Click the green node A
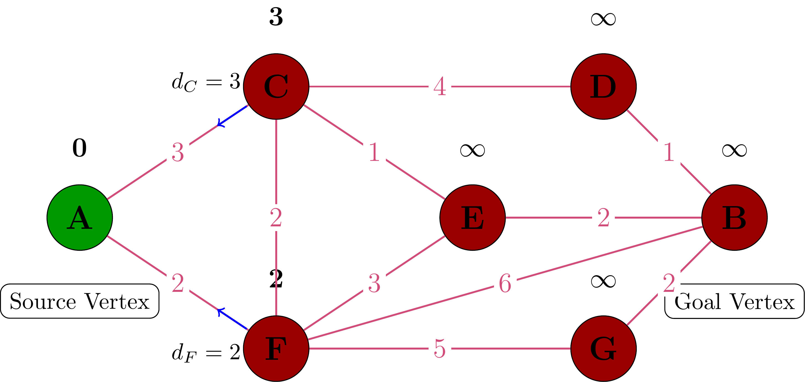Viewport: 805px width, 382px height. coord(79,217)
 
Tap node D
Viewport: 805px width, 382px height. coord(603,86)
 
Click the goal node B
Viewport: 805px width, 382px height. coord(734,217)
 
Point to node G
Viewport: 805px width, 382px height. coord(603,348)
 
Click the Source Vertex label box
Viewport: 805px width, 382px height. coord(79,301)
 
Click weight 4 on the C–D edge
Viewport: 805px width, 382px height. coord(440,86)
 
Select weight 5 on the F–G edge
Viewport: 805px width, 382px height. coord(440,348)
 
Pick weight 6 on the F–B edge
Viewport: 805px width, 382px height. coord(505,283)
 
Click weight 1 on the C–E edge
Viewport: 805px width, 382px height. coord(374,152)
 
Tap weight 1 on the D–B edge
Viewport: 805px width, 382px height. coord(668,152)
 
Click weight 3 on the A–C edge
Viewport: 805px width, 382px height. coord(177,152)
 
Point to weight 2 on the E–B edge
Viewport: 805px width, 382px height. coord(603,217)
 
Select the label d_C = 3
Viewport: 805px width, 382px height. coord(206,82)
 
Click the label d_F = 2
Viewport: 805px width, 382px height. coord(206,353)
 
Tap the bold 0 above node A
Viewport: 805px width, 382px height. coord(79,148)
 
